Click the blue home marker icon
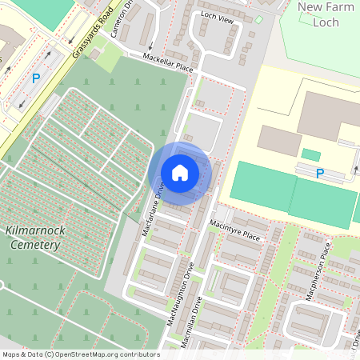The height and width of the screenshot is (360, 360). click(x=180, y=172)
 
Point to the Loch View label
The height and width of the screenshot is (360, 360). click(x=217, y=18)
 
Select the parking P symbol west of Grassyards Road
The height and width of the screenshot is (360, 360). click(x=35, y=78)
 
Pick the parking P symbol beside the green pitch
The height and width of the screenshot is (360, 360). click(x=320, y=173)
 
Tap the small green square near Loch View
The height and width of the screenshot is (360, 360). click(x=258, y=19)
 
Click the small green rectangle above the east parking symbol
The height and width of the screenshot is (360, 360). click(x=310, y=154)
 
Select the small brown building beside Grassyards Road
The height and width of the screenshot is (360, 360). click(x=94, y=53)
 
